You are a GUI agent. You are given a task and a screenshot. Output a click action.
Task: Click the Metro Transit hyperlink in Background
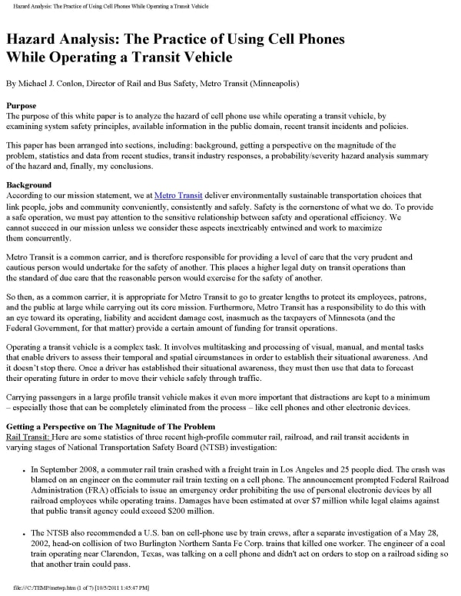[x=178, y=196]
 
